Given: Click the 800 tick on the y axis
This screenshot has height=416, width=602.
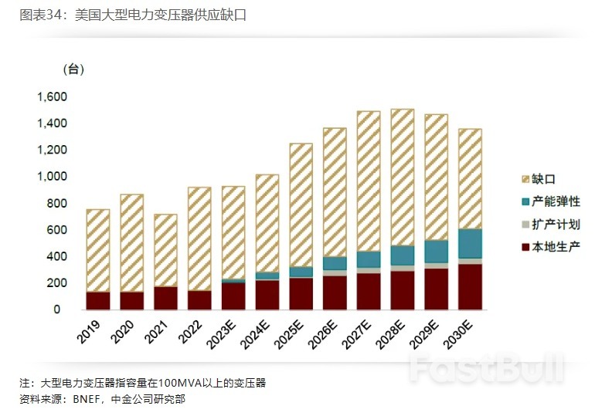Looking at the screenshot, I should click(58, 203).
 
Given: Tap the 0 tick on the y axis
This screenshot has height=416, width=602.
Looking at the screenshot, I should click(65, 309).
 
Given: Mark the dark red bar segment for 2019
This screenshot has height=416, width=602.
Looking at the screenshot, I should click(98, 300).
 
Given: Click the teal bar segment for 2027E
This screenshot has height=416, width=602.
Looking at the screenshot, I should click(369, 259).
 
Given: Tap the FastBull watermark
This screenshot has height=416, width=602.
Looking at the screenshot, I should click(487, 370).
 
